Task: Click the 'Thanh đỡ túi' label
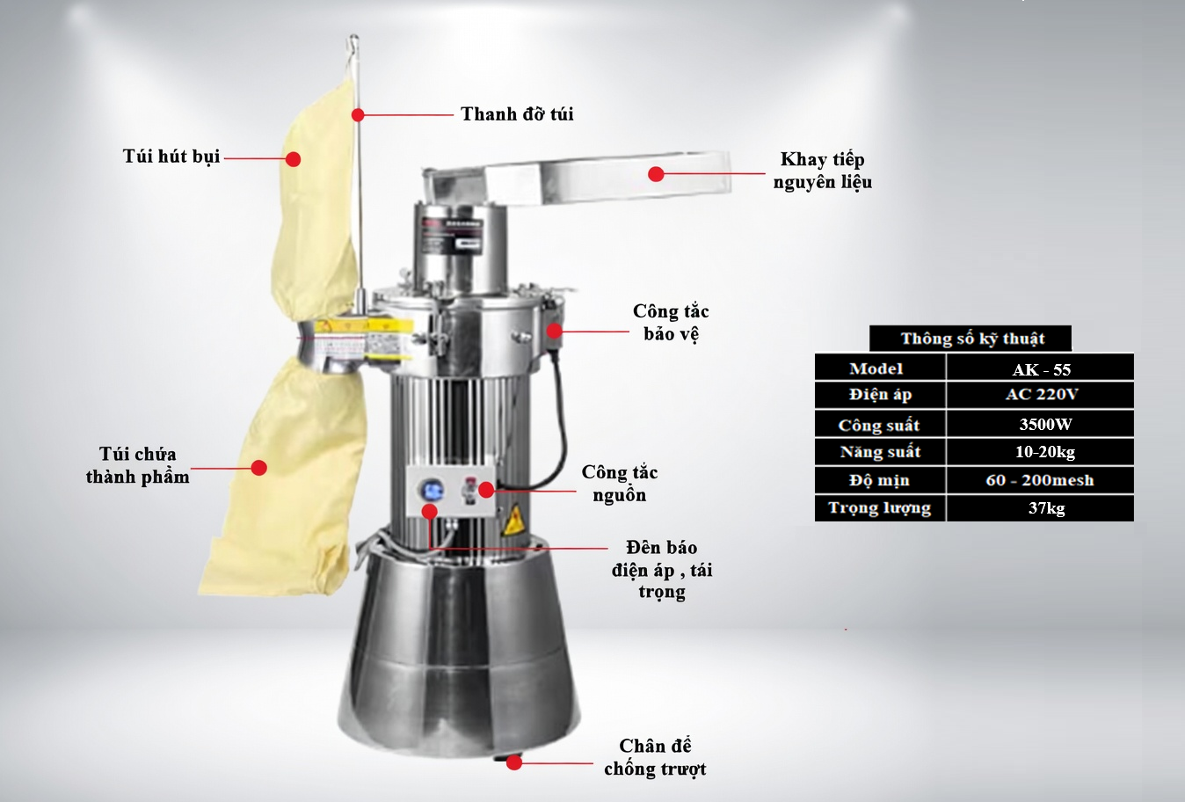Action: (517, 113)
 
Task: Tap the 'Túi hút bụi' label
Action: (171, 157)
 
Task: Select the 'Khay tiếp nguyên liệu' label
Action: (823, 171)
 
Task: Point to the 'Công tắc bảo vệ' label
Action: (671, 323)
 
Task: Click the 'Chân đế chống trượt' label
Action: (655, 757)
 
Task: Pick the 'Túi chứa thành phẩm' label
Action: (137, 465)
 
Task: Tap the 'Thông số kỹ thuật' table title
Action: (972, 339)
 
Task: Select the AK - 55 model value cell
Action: (1041, 368)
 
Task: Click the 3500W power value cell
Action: (1041, 424)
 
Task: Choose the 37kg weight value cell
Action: (1041, 508)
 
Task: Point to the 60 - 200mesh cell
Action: (1041, 480)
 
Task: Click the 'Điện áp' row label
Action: (880, 395)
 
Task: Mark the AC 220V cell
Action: (1041, 395)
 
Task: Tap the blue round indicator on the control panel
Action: (433, 489)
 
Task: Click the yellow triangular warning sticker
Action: (513, 521)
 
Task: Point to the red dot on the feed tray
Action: (656, 174)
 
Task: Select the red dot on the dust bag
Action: (293, 159)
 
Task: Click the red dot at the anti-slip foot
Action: (513, 762)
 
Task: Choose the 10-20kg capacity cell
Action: (1041, 452)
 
